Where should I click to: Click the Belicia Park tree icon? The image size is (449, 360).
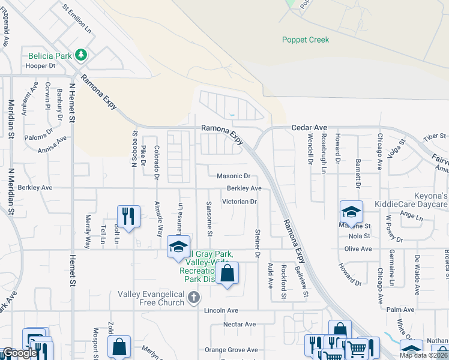coord(82,55)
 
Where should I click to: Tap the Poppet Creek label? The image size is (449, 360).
coord(306,40)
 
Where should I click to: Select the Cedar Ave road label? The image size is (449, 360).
coord(309,128)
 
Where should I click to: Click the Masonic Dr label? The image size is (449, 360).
coord(233,176)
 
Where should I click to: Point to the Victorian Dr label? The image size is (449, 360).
coord(240,202)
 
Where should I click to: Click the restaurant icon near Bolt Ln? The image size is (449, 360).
coord(128,216)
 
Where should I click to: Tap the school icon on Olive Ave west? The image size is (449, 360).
coord(178,248)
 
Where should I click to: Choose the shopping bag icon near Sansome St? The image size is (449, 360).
coord(228,274)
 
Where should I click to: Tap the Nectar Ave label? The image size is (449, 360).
coord(240,325)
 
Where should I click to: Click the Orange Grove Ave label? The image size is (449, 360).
coord(231,350)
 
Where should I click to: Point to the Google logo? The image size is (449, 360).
coord(19,353)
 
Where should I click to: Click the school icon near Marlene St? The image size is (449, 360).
coord(351,212)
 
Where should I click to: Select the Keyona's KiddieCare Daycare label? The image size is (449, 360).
coord(411,200)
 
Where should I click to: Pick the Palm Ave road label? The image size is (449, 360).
coord(401,310)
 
